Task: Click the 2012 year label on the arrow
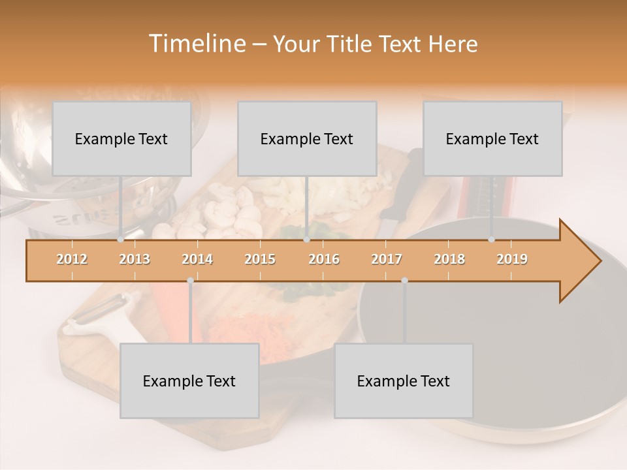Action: click(x=72, y=259)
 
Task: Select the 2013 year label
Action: click(x=135, y=259)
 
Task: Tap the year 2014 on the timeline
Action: click(x=197, y=259)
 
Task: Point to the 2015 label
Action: click(x=260, y=259)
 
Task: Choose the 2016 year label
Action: click(x=324, y=259)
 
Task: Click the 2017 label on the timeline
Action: click(x=387, y=259)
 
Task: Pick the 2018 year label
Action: click(x=449, y=259)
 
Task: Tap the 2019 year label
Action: click(x=512, y=259)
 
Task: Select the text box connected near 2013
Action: click(x=121, y=138)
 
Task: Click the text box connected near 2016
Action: click(x=307, y=138)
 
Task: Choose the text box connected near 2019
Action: click(x=492, y=138)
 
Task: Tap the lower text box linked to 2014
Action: click(x=189, y=381)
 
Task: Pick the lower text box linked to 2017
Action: click(x=404, y=381)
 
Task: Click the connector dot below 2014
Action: click(x=190, y=281)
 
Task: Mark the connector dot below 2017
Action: click(x=404, y=281)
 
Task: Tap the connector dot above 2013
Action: click(x=121, y=240)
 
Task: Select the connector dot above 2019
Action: click(x=492, y=240)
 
